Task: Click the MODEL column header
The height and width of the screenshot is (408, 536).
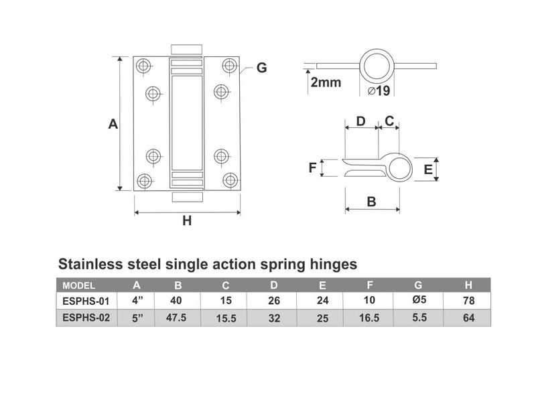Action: pyautogui.click(x=78, y=285)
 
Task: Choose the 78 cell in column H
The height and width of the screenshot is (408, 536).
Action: pyautogui.click(x=468, y=301)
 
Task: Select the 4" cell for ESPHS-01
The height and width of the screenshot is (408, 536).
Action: pyautogui.click(x=137, y=301)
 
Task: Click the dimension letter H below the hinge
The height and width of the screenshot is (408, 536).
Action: pyautogui.click(x=187, y=220)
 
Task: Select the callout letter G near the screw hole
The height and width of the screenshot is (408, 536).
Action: pyautogui.click(x=261, y=68)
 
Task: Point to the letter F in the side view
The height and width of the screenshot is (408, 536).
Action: pyautogui.click(x=312, y=167)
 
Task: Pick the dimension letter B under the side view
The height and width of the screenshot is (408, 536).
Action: pyautogui.click(x=371, y=201)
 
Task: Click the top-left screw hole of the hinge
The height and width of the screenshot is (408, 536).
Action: pyautogui.click(x=143, y=65)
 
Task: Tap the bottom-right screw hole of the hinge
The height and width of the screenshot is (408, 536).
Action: pyautogui.click(x=230, y=180)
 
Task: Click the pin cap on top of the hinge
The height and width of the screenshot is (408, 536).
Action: pyautogui.click(x=187, y=50)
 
